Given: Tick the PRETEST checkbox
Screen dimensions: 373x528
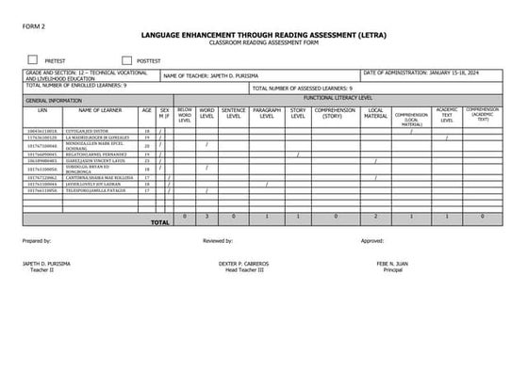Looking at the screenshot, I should (x=33, y=58).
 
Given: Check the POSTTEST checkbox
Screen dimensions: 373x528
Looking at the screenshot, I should (x=126, y=58).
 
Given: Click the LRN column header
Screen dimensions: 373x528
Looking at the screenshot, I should (x=41, y=111).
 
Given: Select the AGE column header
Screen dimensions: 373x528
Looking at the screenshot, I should (x=146, y=111).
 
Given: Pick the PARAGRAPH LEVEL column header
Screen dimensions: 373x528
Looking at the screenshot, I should (x=268, y=113).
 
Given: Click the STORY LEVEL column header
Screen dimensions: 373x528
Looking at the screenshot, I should (x=298, y=113).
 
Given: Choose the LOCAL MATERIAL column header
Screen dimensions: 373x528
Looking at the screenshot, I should (x=375, y=113).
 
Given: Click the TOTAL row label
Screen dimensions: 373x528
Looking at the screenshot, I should (x=159, y=223).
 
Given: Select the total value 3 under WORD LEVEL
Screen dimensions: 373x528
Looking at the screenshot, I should (x=207, y=216).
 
